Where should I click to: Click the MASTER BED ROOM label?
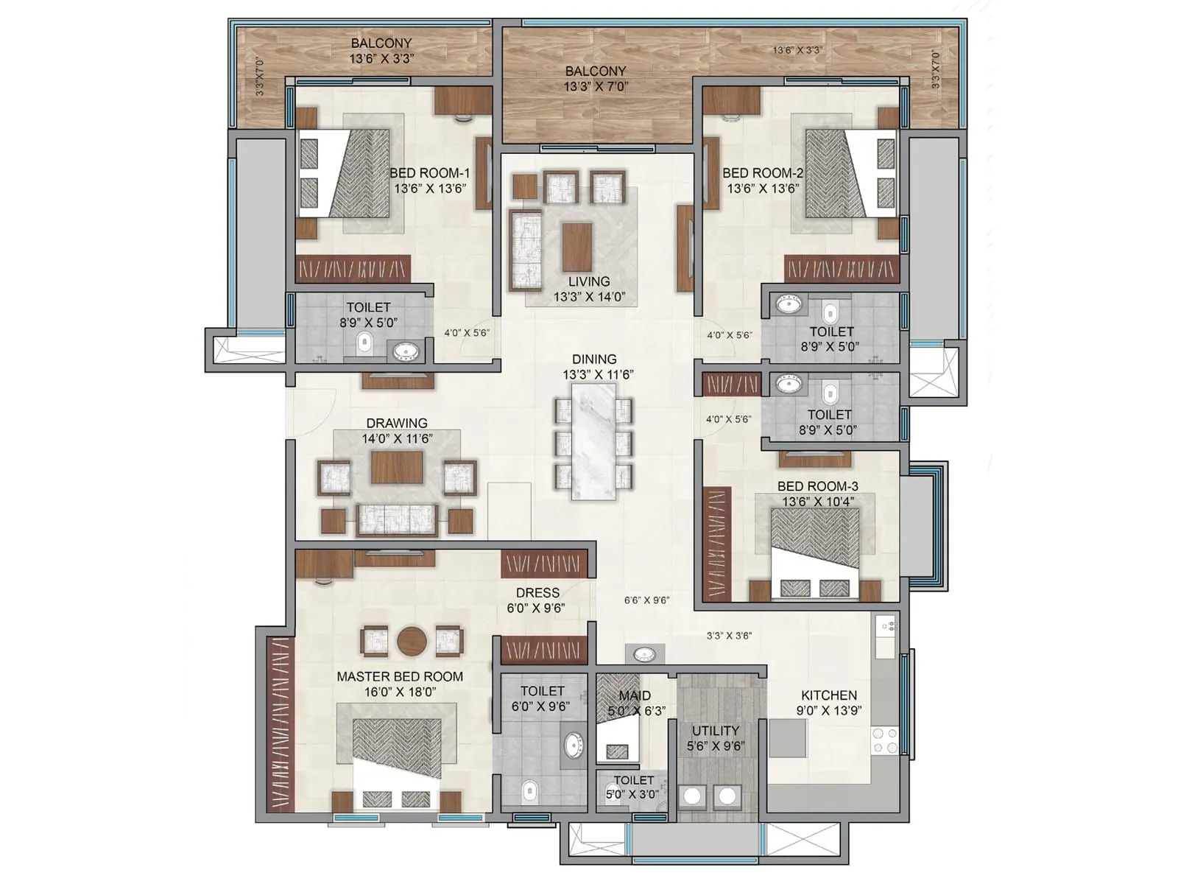pyautogui.click(x=400, y=676)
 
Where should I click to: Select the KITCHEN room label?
pyautogui.click(x=829, y=695)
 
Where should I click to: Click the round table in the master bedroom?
pyautogui.click(x=412, y=641)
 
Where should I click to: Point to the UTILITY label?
pyautogui.click(x=715, y=730)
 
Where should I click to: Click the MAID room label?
pyautogui.click(x=634, y=695)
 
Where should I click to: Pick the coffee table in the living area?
pyautogui.click(x=577, y=247)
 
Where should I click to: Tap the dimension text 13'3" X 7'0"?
pyautogui.click(x=595, y=86)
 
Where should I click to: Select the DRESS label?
pyautogui.click(x=537, y=592)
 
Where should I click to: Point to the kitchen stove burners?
pyautogui.click(x=884, y=740)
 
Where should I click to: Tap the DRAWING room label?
pyautogui.click(x=397, y=423)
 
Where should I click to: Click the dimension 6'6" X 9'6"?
pyautogui.click(x=646, y=600)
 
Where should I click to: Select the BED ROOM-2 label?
pyautogui.click(x=763, y=173)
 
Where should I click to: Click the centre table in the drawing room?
pyautogui.click(x=397, y=467)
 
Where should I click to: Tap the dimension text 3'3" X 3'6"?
pyautogui.click(x=729, y=635)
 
